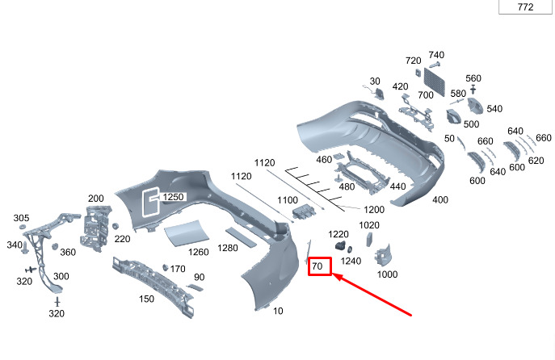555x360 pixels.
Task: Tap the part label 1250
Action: [174, 197]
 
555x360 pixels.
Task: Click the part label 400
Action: [440, 199]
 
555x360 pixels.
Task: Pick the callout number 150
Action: [146, 299]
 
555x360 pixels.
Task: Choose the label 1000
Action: [387, 274]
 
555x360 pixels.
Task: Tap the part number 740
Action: [436, 54]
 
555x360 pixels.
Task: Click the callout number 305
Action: [21, 218]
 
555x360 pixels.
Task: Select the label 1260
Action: [198, 252]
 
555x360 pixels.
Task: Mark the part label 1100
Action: [288, 200]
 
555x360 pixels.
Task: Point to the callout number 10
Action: [279, 311]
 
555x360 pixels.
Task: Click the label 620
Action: [536, 161]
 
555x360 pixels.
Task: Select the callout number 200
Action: [95, 199]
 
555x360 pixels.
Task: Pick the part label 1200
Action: [374, 210]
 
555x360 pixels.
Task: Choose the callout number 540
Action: [494, 109]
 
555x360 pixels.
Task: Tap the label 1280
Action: [229, 247]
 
